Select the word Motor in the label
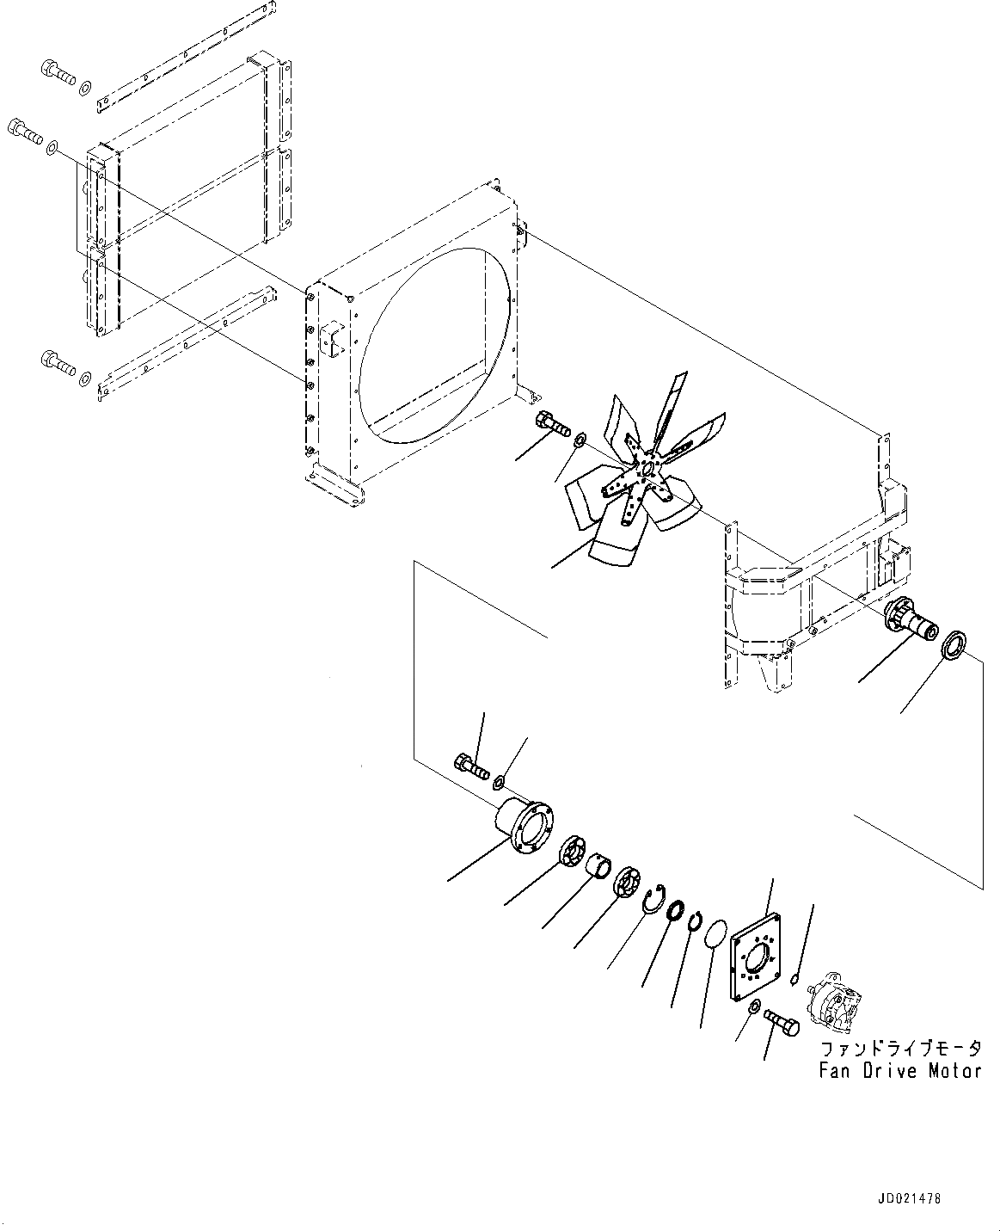[x=954, y=1071]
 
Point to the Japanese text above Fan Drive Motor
[x=900, y=1049]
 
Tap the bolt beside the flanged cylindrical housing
[x=472, y=767]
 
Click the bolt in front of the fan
[x=552, y=423]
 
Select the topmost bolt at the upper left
[x=58, y=73]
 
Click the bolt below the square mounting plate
[x=781, y=1023]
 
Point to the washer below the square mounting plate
[x=754, y=1008]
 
